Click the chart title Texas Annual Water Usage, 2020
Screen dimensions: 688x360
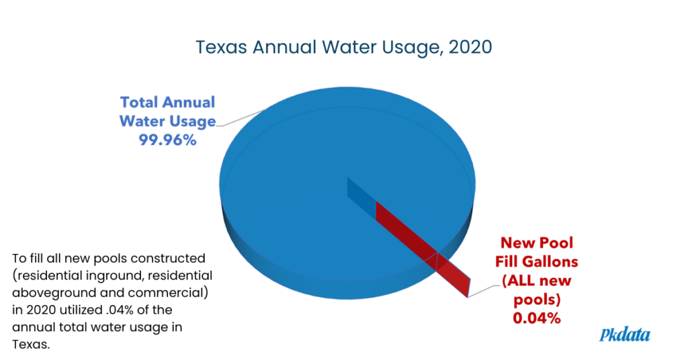(343, 48)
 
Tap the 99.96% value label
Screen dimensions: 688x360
(167, 140)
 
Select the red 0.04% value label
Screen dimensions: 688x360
(536, 318)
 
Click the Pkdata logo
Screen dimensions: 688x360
(624, 334)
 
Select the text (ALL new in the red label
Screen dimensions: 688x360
(536, 281)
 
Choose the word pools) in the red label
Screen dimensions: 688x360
(537, 300)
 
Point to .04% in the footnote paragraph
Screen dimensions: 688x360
(120, 310)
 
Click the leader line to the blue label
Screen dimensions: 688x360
(241, 118)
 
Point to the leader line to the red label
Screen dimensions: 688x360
(484, 291)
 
